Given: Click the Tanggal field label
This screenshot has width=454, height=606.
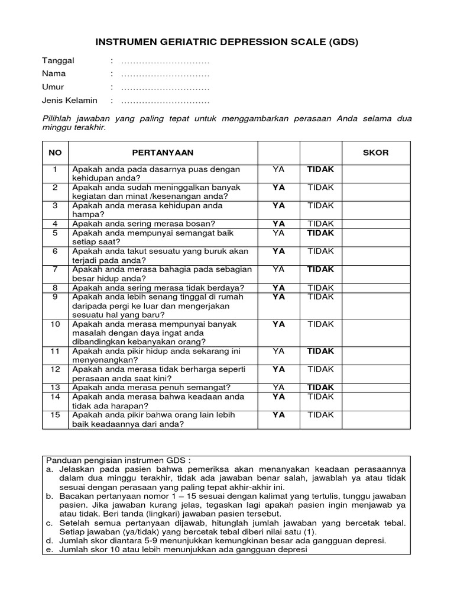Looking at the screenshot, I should click(x=54, y=61).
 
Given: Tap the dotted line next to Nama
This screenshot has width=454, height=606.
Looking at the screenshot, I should click(x=166, y=75).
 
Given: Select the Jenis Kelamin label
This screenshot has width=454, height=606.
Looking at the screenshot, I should click(x=69, y=101).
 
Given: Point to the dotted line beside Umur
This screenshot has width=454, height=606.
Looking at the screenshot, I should click(x=166, y=88).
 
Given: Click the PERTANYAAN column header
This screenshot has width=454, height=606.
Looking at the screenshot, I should click(x=163, y=153).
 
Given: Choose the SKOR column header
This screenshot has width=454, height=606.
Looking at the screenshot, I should click(x=375, y=153).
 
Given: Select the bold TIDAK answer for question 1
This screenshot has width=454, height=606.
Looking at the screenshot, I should click(x=320, y=169).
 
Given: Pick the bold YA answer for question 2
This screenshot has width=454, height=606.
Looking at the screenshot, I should click(x=278, y=187).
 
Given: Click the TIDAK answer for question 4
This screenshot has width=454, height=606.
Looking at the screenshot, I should click(x=320, y=224).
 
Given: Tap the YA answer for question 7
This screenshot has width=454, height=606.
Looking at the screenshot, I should click(x=278, y=269).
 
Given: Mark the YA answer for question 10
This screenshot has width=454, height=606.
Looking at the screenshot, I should click(x=278, y=324).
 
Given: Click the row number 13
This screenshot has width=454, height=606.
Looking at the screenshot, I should click(x=55, y=388).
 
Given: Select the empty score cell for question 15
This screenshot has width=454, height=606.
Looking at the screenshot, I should click(x=376, y=420).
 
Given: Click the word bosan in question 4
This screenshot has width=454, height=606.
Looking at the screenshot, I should click(x=200, y=224).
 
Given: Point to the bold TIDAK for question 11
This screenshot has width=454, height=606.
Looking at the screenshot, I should click(x=320, y=351).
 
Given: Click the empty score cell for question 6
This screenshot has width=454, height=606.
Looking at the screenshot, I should click(x=376, y=256).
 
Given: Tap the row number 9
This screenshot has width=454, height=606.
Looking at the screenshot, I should click(x=55, y=297).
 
